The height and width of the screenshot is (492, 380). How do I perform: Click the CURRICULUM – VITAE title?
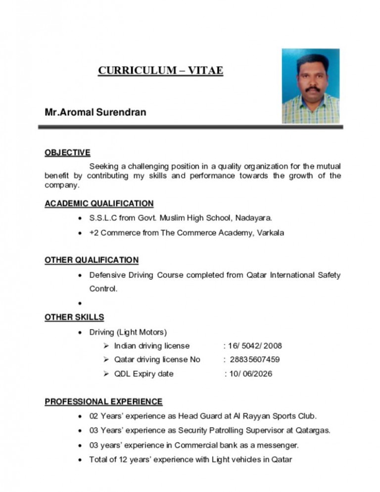tap(160, 71)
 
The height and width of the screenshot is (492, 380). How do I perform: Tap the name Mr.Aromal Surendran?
tap(95, 112)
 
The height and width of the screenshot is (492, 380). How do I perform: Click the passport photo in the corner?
tap(310, 86)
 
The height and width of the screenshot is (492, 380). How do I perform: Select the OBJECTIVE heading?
tap(67, 152)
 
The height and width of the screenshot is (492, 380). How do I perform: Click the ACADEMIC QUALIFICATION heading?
tap(99, 203)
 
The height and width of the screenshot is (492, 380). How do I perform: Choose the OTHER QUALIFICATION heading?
tap(92, 260)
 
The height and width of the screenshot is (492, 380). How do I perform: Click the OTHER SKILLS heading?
tap(74, 317)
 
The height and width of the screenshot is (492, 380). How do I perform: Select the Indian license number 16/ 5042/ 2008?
tap(253, 345)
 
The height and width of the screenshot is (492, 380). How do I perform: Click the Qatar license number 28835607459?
tap(255, 359)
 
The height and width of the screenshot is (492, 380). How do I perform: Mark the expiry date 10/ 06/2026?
tap(248, 374)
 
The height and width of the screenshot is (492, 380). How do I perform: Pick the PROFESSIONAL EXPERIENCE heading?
tap(103, 401)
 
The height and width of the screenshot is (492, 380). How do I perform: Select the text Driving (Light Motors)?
tap(128, 331)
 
